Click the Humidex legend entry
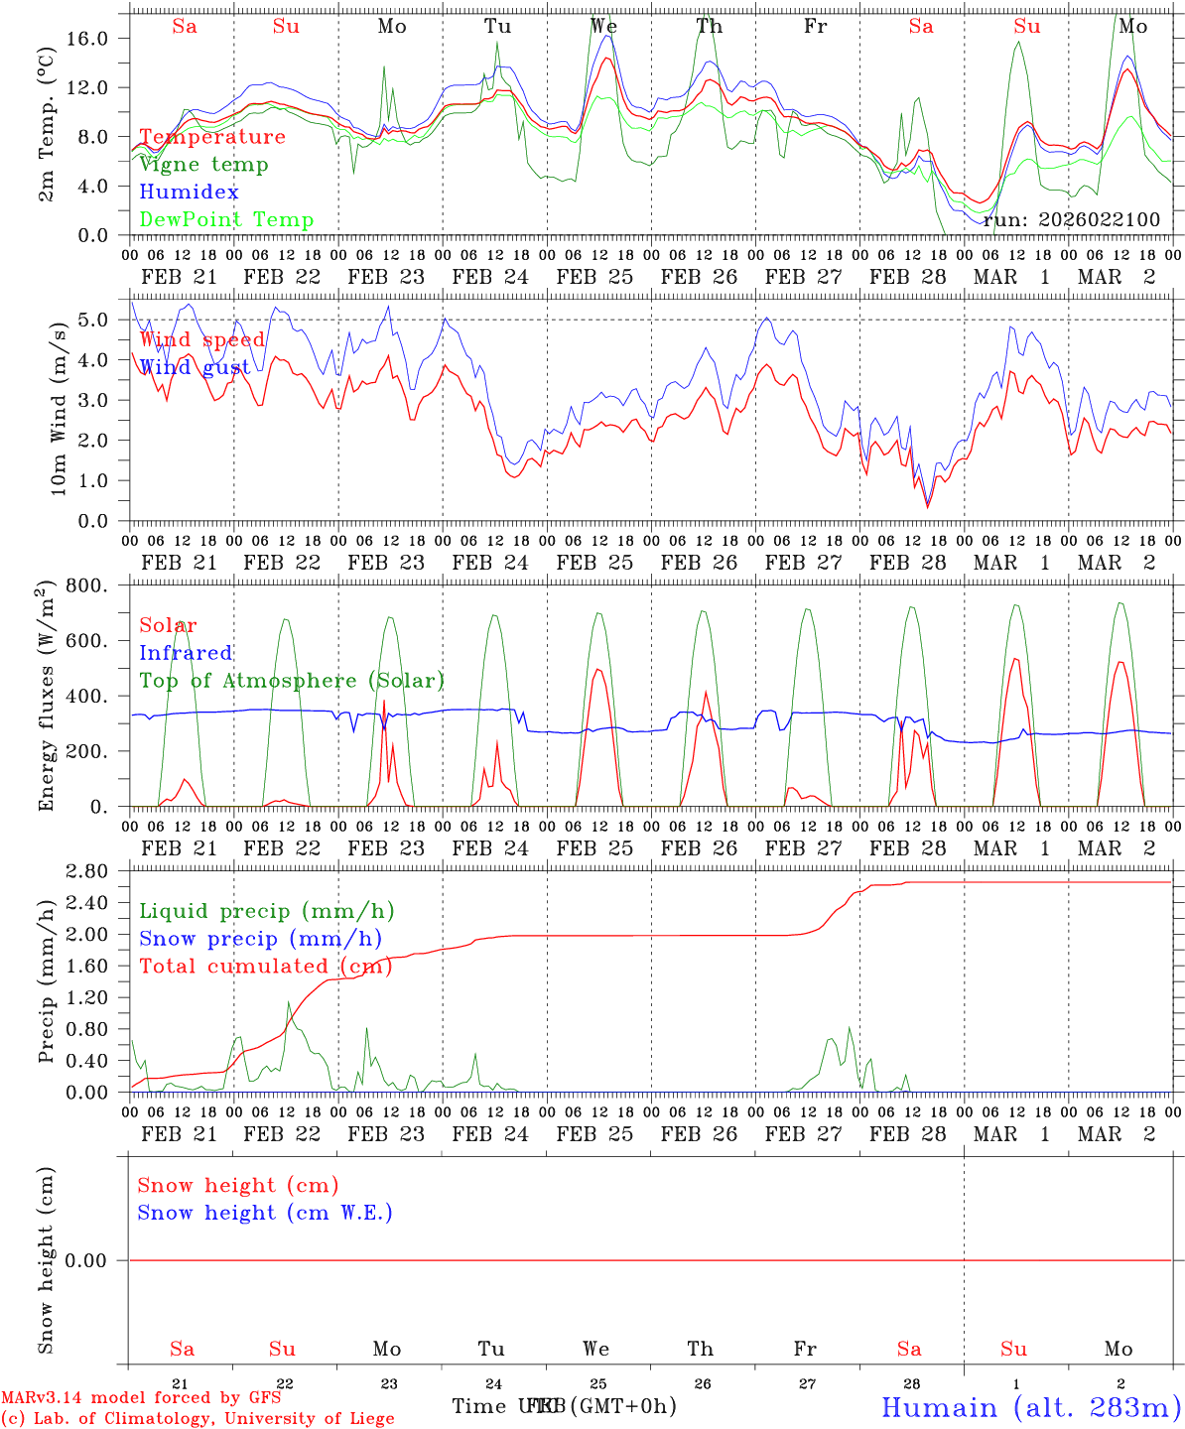point(189,192)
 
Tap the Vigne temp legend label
point(203,165)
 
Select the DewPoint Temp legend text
point(226,219)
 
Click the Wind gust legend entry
point(195,367)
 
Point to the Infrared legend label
point(186,653)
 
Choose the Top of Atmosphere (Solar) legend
point(292,681)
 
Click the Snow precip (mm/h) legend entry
point(260,939)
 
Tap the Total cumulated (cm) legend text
point(265,966)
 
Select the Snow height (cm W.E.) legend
point(265,1213)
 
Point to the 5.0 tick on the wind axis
point(95,320)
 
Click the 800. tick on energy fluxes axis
point(87,585)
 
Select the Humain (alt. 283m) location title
point(1031,1407)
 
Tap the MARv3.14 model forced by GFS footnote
point(141,1398)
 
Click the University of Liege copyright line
point(197,1418)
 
